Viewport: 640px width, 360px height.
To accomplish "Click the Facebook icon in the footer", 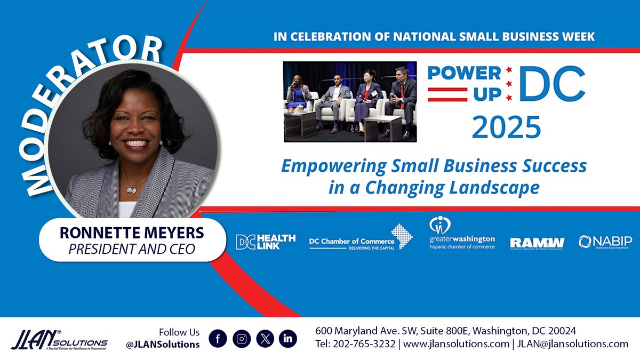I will pos(217,338).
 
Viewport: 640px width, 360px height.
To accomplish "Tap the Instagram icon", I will pos(242,338).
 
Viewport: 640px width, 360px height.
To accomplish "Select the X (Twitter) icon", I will pos(265,338).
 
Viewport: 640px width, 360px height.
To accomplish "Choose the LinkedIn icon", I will pos(288,338).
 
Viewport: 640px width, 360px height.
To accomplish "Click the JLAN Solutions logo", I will pos(59,339).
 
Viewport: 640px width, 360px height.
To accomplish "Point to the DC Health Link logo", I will pos(266,242).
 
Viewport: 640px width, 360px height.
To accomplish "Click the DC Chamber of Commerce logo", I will pos(357,238).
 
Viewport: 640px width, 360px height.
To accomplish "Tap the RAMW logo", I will pos(537,243).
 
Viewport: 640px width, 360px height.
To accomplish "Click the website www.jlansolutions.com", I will pos(456,344).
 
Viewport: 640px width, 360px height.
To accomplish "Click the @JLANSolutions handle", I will pos(163,345).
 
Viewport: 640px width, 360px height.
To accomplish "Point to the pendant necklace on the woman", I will pos(131,188).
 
